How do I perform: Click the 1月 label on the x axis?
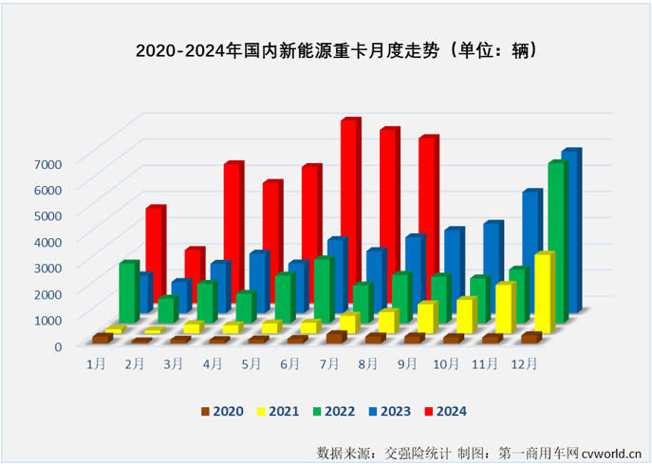click(x=96, y=363)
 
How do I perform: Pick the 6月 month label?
click(x=291, y=363)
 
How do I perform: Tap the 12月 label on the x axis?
click(x=525, y=363)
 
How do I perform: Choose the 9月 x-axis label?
click(x=409, y=363)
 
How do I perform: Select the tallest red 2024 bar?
click(x=349, y=209)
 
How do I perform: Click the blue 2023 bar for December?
click(x=569, y=228)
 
